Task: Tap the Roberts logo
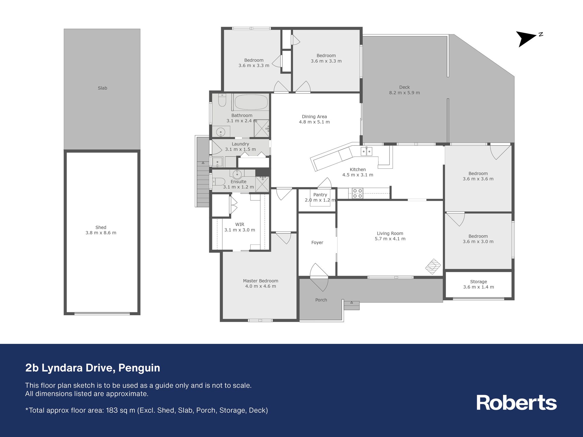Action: click(x=516, y=403)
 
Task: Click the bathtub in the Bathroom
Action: click(x=251, y=102)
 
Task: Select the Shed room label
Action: click(x=101, y=227)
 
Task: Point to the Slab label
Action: click(x=102, y=88)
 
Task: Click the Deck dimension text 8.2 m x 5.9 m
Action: click(x=404, y=93)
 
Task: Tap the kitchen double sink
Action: click(x=366, y=151)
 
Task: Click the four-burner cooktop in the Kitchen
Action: click(x=357, y=193)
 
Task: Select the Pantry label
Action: click(x=320, y=195)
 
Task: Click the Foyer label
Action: click(x=317, y=242)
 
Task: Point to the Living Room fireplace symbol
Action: click(x=433, y=266)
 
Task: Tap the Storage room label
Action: click(x=479, y=282)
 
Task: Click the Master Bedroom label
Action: click(x=261, y=281)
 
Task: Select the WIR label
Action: click(x=240, y=224)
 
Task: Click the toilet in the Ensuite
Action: click(x=219, y=182)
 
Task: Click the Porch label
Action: click(x=321, y=300)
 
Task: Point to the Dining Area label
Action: click(x=314, y=117)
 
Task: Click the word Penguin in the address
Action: click(x=139, y=368)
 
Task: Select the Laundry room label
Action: click(x=240, y=144)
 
